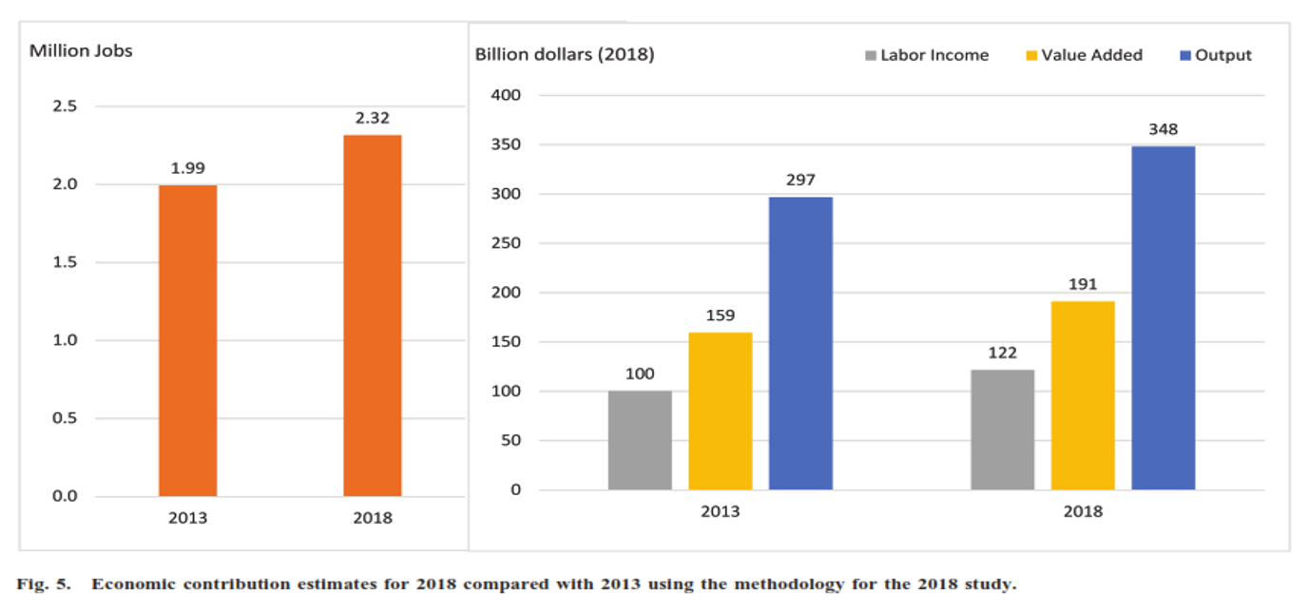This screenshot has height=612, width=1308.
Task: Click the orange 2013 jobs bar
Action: [187, 340]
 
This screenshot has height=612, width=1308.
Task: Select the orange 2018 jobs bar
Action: [373, 316]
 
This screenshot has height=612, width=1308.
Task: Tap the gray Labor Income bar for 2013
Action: [640, 440]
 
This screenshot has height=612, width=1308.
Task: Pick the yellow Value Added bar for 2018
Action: [1083, 395]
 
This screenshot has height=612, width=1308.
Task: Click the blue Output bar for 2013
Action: [800, 343]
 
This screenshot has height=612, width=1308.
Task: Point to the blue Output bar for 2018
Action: [1164, 317]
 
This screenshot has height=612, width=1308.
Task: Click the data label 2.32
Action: [373, 118]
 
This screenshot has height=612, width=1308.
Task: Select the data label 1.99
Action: [187, 168]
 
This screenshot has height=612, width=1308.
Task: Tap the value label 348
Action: [1164, 129]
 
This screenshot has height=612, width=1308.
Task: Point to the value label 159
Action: [720, 316]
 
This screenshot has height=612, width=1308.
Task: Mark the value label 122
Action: [1002, 353]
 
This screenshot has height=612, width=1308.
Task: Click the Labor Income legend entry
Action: [927, 55]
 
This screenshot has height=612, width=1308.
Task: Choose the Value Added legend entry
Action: [1085, 55]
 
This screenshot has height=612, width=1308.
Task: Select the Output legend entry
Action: [1216, 55]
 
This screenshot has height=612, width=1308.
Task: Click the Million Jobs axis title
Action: [81, 51]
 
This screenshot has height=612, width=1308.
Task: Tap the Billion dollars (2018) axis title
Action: [565, 54]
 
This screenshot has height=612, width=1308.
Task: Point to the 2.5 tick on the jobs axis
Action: [65, 106]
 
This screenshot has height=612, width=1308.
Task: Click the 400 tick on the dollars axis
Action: [506, 95]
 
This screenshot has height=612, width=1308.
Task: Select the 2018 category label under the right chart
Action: [1083, 511]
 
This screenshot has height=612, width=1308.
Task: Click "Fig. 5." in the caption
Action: [43, 584]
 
